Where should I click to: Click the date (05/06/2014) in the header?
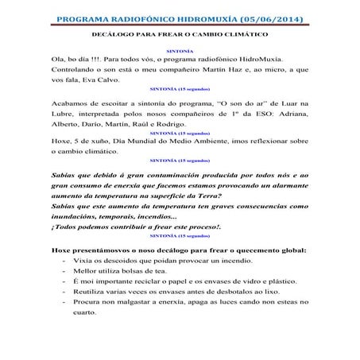pos(265,18)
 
